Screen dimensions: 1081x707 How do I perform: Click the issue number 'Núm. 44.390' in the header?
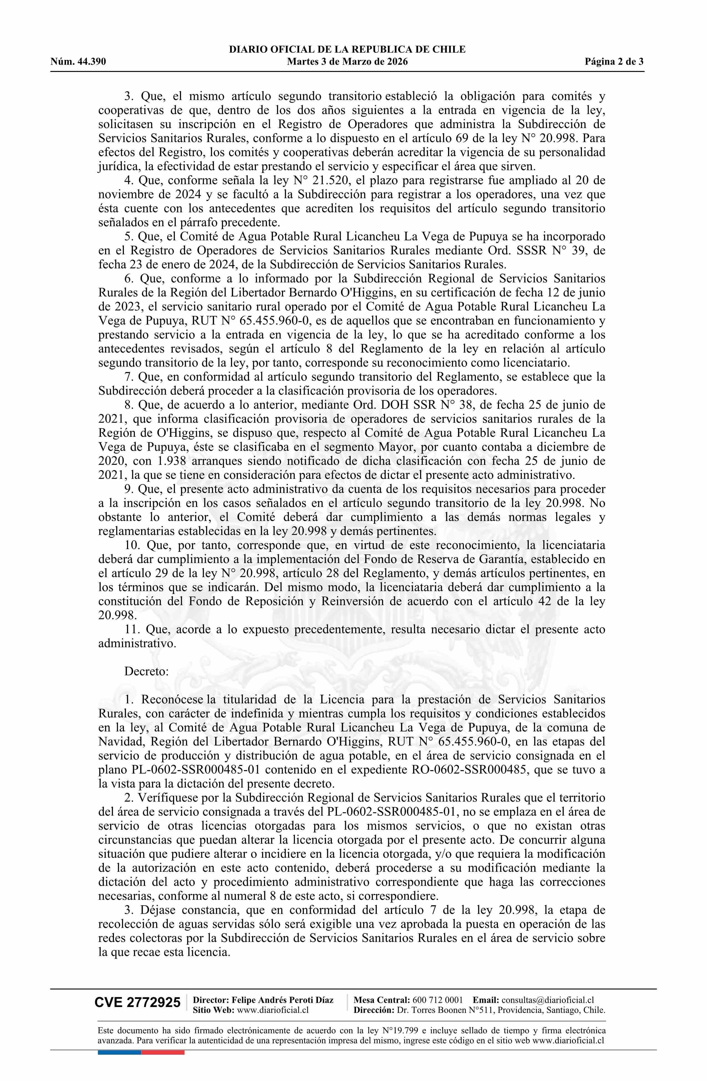(78, 62)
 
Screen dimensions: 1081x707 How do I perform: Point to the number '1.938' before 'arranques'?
(172, 461)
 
